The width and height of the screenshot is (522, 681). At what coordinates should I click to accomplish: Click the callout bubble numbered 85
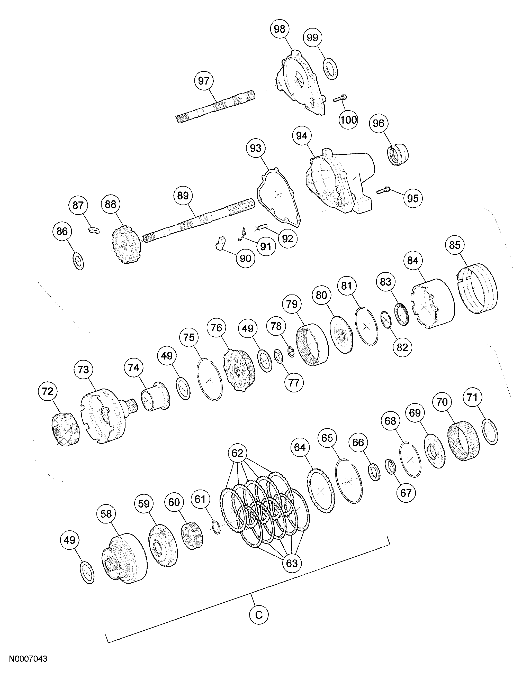coord(455,245)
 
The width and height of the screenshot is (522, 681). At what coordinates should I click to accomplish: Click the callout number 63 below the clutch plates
coord(291,563)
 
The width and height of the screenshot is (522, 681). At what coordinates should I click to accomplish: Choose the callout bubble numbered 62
coord(237,453)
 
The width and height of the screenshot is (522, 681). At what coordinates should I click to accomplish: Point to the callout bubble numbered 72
coord(48,392)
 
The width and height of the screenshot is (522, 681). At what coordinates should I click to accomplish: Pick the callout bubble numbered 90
coord(246,258)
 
